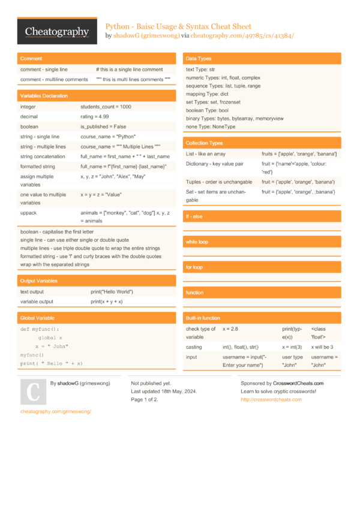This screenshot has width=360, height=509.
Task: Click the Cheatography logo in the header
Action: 57,32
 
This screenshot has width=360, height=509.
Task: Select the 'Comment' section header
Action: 31,59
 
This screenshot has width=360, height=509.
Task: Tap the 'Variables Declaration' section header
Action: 44,96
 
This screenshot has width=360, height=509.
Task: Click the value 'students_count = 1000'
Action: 106,107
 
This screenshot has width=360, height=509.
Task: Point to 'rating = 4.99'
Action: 95,116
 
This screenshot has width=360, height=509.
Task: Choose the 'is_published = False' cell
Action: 103,127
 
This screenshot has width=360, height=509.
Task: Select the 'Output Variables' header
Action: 39,281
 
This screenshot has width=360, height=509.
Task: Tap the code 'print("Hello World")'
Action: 112,291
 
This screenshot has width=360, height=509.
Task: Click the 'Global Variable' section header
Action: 37,318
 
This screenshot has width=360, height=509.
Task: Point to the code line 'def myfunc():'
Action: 40,329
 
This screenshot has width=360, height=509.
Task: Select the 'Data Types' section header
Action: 199,59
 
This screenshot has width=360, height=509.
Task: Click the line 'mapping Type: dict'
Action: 207,94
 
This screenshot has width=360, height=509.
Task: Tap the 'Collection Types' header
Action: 204,143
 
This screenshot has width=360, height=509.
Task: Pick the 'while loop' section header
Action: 197,242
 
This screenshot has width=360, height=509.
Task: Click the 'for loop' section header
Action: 194,267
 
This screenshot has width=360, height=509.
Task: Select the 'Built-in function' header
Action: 203,318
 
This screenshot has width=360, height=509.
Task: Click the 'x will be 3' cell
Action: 322,347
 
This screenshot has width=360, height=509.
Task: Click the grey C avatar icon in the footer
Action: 33,392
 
